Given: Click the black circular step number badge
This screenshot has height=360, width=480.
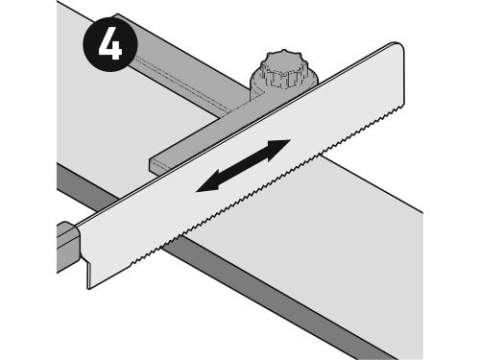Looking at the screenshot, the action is click(110, 44).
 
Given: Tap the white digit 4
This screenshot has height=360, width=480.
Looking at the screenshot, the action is click(110, 45).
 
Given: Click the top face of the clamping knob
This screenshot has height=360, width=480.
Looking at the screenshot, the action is click(283, 61).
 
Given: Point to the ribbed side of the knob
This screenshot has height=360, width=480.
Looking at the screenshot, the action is click(281, 79).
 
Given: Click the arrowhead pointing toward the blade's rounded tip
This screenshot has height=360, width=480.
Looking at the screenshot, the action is click(277, 148).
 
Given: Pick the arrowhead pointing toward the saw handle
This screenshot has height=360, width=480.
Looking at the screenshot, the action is click(208, 184).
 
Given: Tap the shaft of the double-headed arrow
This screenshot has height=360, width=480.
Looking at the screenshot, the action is click(243, 166).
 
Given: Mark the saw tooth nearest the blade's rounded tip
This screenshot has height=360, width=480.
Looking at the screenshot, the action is click(401, 108).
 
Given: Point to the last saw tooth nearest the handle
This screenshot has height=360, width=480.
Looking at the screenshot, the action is click(132, 264).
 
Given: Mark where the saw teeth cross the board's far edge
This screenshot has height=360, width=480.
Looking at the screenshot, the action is click(323, 156).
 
